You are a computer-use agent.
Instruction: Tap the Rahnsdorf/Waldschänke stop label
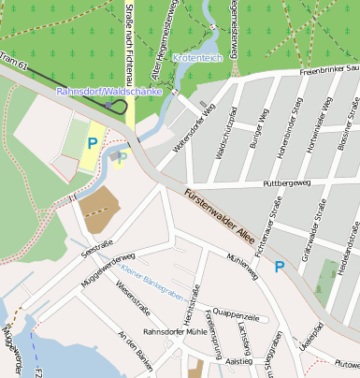coord(109,93)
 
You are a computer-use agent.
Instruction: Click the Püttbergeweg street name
coord(287,183)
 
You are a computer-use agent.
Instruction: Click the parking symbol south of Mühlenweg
coord(279,268)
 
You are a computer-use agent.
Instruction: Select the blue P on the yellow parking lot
coord(92,143)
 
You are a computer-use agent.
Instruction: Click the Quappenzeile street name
coord(237,315)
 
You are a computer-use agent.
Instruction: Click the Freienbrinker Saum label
coord(324,68)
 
